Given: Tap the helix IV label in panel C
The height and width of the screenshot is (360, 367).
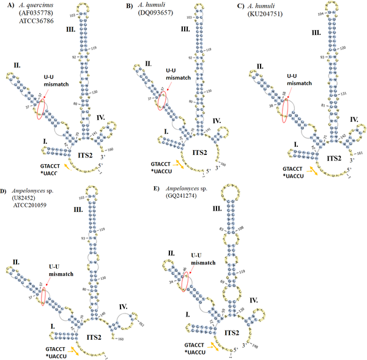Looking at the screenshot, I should click(355, 119).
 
